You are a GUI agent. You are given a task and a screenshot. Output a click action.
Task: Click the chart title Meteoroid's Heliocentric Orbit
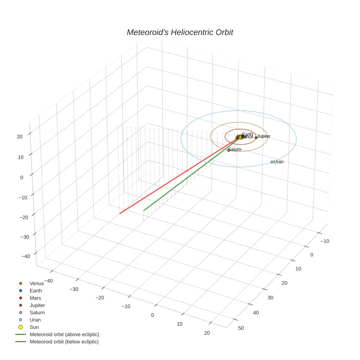click(180, 32)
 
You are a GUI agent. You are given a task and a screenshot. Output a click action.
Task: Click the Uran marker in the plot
click(272, 162)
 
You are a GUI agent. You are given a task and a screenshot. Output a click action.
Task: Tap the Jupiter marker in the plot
click(256, 138)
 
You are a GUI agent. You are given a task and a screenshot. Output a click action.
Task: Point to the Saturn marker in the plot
click(229, 150)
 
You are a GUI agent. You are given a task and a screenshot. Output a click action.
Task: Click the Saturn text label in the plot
click(235, 149)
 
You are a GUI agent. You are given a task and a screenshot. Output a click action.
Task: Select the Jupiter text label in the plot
click(264, 136)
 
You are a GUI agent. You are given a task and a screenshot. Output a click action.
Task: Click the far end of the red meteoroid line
click(120, 213)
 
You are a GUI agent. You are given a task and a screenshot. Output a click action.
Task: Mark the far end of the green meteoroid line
click(144, 210)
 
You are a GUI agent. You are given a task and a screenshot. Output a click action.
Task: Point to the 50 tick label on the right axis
click(241, 328)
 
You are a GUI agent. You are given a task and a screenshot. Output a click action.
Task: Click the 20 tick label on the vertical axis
click(19, 136)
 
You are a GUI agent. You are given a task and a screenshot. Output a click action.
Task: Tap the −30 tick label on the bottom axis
click(74, 289)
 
